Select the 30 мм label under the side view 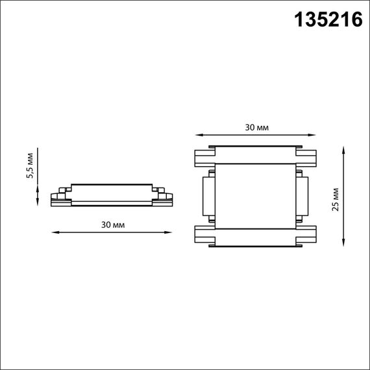(x=112, y=224)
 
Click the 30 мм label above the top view (x=256, y=127)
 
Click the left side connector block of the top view (x=208, y=196)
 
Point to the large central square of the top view (x=256, y=196)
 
